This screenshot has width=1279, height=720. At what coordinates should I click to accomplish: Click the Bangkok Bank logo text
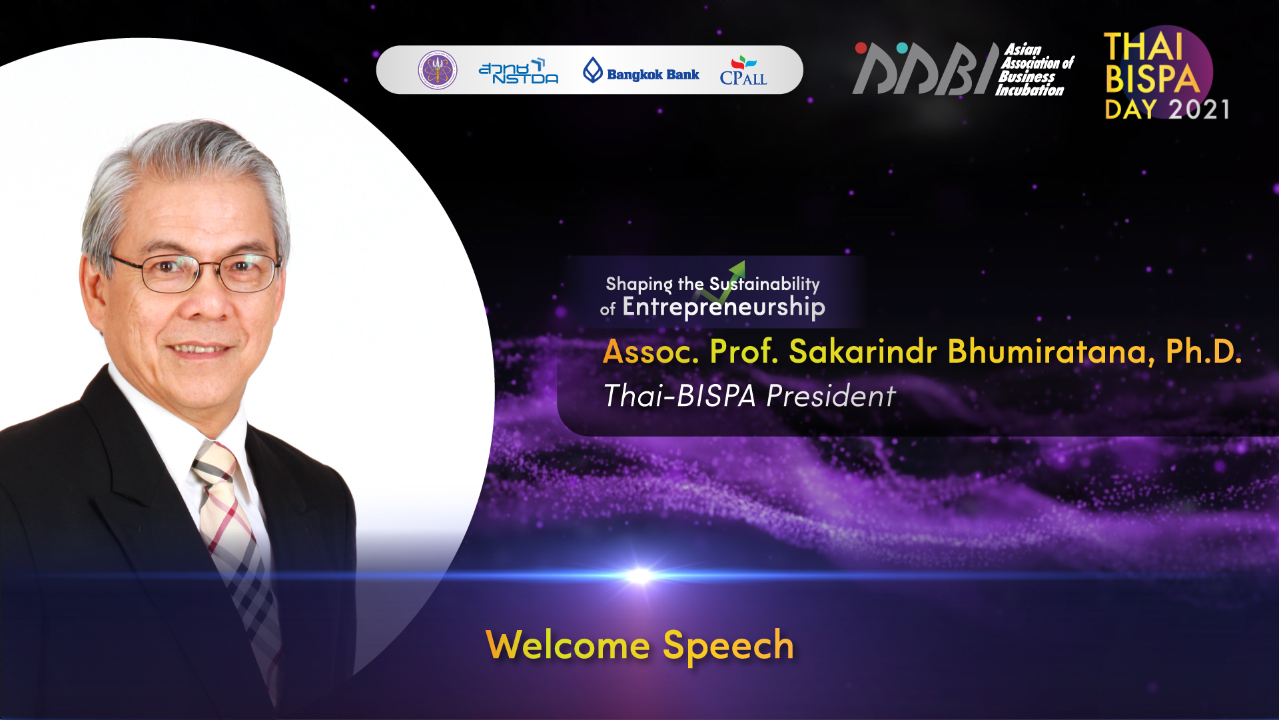tap(653, 75)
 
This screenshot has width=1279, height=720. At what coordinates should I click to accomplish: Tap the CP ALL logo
tap(743, 71)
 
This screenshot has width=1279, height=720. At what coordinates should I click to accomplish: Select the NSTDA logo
tap(518, 71)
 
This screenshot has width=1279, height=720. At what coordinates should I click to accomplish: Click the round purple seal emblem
tap(438, 70)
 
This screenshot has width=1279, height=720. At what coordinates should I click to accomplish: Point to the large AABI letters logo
tap(926, 69)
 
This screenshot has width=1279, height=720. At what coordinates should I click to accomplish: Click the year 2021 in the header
tap(1199, 109)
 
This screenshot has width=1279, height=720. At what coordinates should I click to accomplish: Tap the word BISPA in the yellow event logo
tap(1152, 79)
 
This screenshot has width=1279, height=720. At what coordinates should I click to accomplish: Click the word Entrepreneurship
tap(723, 307)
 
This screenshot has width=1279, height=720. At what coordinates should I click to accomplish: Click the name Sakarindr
tap(863, 351)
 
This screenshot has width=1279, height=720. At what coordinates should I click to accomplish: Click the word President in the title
tap(831, 396)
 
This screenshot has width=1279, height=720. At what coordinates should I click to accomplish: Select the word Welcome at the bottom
tap(568, 645)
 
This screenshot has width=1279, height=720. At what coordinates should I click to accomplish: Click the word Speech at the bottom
tap(728, 646)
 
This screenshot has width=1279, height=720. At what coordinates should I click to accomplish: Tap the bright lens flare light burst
tap(639, 575)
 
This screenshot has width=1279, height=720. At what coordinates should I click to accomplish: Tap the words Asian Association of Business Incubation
tap(1035, 70)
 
